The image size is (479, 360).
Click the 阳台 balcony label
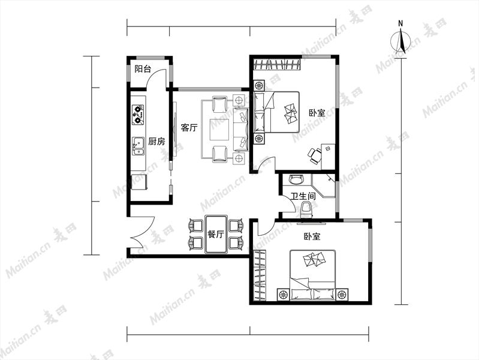143,69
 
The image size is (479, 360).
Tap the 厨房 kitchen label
156,141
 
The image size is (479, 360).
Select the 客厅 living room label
189,128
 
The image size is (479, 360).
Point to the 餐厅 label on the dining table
216,235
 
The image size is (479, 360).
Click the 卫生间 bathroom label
303,196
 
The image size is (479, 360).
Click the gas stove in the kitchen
138,114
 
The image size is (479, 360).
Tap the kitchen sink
138,146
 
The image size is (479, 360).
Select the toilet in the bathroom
306,210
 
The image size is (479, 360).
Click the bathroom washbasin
296,179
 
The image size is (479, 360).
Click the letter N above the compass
400,23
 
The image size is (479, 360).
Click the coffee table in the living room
219,129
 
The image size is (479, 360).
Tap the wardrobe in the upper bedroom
277,65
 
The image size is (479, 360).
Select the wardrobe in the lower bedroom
260,275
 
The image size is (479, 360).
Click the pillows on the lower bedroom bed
314,260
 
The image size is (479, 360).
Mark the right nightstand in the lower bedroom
342,295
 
